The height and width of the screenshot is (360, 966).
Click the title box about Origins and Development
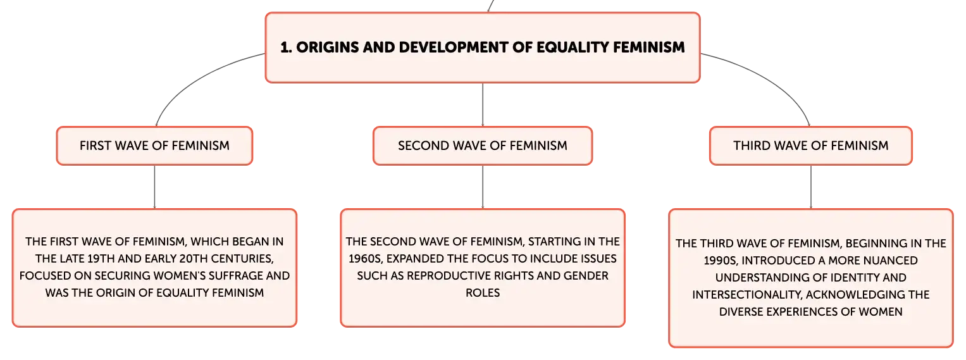tap(483, 47)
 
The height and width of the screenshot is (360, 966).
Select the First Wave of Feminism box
tap(154, 146)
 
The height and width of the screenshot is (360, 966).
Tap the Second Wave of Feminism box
tap(483, 146)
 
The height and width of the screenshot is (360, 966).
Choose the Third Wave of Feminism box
tap(811, 146)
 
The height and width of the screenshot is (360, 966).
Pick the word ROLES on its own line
tap(483, 293)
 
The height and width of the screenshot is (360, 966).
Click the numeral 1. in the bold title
tap(286, 47)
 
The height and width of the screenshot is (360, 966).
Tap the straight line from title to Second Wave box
tap(483, 105)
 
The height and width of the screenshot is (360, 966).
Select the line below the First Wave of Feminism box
tap(154, 187)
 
